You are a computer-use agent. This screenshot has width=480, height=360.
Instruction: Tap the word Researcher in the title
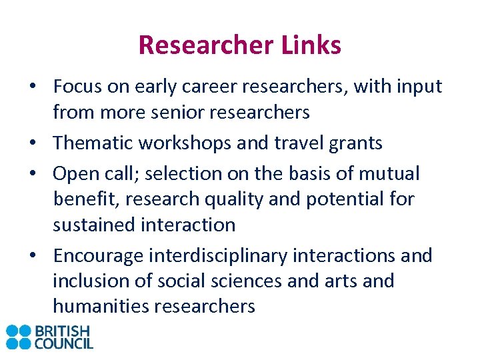(205, 45)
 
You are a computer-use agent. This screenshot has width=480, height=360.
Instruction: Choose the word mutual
(391, 173)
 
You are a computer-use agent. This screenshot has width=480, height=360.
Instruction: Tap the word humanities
(101, 306)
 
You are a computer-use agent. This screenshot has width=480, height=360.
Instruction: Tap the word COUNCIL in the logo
(65, 343)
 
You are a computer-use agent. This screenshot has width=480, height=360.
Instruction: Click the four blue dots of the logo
(19, 337)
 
